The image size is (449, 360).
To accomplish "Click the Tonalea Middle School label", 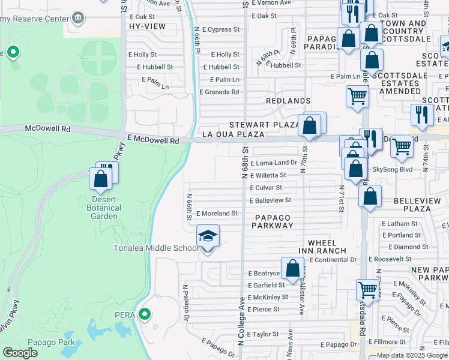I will click(156, 248).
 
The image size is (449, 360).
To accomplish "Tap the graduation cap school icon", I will click(208, 236).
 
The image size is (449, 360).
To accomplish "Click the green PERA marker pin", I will click(144, 314).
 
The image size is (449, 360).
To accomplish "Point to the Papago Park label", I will click(52, 343).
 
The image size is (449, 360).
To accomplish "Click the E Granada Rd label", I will click(220, 92).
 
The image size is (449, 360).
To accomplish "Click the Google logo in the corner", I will click(20, 353).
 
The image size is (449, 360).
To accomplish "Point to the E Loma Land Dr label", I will click(274, 163).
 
